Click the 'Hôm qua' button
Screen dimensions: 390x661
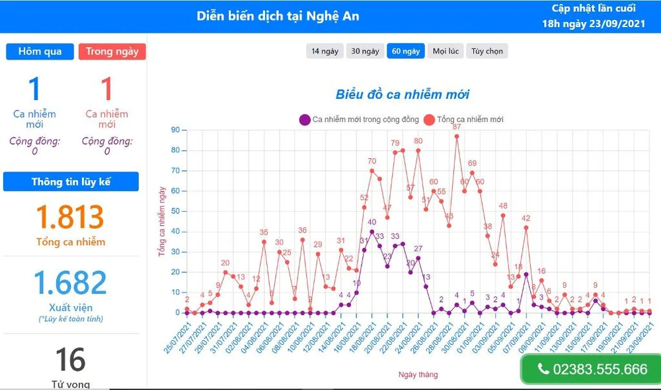pos(40,52)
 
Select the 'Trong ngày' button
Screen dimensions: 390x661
pos(112,52)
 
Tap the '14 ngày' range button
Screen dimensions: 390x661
pos(325,51)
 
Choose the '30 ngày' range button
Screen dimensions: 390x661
pos(365,51)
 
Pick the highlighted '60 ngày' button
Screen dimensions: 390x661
pos(405,51)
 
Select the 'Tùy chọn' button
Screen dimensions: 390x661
pos(487,51)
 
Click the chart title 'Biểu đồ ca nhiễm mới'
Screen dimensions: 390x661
pos(402,95)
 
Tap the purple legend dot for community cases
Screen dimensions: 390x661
pos(305,120)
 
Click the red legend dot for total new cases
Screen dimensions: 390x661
pos(429,120)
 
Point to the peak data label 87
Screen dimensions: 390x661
pos(457,127)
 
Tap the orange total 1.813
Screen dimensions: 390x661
pos(70,217)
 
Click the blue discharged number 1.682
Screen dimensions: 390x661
pos(70,283)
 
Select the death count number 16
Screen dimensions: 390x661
pos(70,360)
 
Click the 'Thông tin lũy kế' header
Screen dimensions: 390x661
pos(71,181)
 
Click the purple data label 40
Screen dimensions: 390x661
pos(371,222)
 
